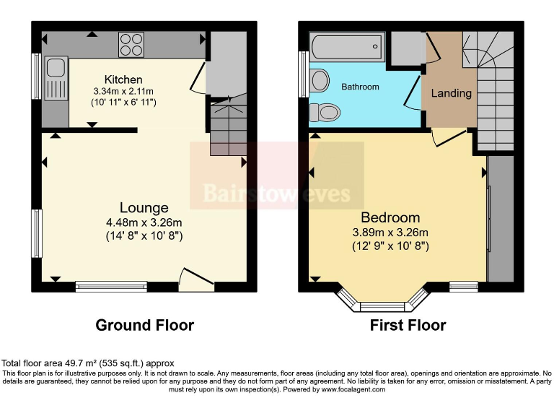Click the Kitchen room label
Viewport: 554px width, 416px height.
[x=123, y=79]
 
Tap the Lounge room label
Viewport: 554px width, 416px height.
[x=145, y=208]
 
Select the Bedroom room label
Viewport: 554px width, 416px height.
[x=390, y=217]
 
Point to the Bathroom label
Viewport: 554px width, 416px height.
[x=360, y=87]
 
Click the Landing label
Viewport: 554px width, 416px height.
[x=451, y=93]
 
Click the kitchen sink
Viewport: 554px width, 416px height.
[x=56, y=78]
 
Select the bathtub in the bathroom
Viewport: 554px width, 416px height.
[x=346, y=47]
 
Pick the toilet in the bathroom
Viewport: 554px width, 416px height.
[x=325, y=113]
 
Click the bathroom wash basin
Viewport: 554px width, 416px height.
[x=320, y=79]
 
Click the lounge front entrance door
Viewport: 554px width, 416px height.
[x=196, y=280]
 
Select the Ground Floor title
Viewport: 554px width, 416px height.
[x=144, y=325]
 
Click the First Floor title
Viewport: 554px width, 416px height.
[x=408, y=325]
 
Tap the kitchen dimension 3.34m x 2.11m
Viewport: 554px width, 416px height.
[x=124, y=92]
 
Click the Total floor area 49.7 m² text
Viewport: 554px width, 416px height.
[x=87, y=363]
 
